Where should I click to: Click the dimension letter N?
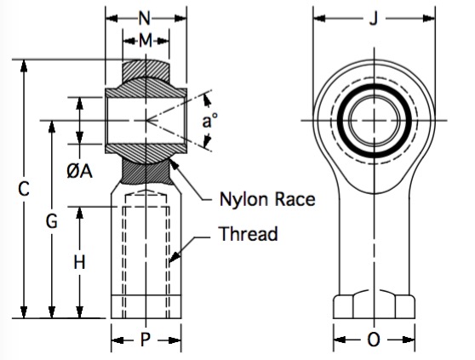tap(145, 18)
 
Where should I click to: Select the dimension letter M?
tap(146, 41)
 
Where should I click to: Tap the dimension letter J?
tap(374, 19)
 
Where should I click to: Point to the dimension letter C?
tap(24, 189)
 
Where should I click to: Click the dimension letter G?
tap(51, 220)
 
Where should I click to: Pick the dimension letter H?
tap(79, 262)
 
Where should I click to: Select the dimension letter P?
tap(146, 340)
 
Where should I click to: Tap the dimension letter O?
tap(374, 340)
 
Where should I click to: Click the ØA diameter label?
tap(79, 171)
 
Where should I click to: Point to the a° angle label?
tap(209, 121)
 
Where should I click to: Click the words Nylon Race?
tap(267, 199)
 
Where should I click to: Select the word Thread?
tap(248, 233)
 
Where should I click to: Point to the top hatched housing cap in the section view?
tap(146, 70)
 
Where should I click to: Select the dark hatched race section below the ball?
tap(146, 172)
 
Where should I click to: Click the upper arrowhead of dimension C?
tap(24, 66)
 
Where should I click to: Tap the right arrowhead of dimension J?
tap(429, 19)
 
